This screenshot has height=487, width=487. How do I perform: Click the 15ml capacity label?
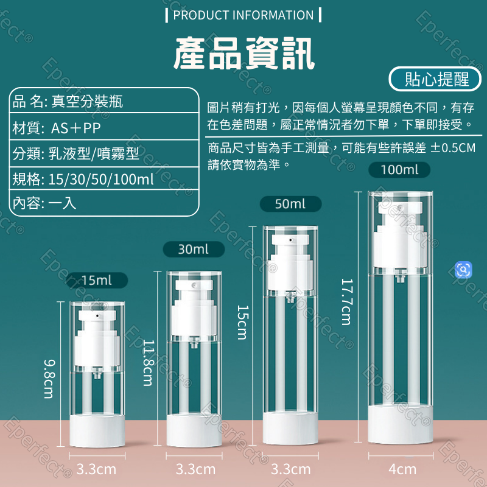point(97,281)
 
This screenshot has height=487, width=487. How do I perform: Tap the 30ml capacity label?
point(193,249)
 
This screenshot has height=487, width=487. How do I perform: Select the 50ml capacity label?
point(290,204)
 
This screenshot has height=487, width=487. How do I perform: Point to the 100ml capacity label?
point(400,170)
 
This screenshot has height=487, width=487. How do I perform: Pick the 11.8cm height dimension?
point(148,362)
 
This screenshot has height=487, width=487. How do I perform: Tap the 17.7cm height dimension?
point(346,301)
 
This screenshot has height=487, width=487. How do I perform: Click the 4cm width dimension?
point(402,469)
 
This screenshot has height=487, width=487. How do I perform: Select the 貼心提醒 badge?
point(437,79)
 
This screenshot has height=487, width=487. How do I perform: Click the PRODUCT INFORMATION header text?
point(243,15)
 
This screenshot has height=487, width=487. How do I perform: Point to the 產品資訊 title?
point(243,52)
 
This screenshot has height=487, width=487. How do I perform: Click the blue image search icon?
point(464,270)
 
